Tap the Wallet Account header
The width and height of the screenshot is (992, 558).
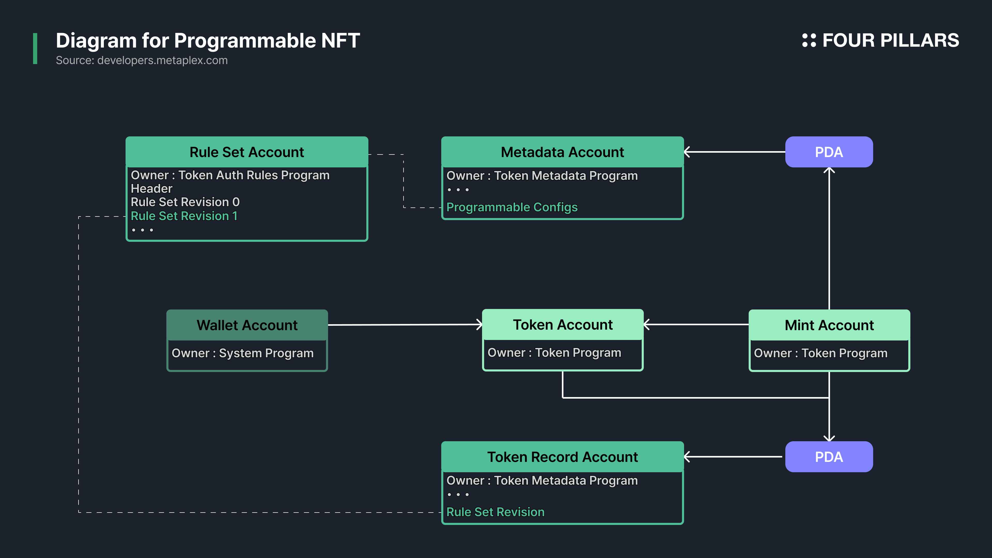coord(247,325)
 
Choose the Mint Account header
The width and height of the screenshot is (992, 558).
coord(829,325)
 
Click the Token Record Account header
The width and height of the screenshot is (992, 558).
coord(562,457)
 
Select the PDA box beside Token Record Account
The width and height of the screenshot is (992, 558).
coord(829,457)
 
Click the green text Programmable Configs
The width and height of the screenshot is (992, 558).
coord(512,207)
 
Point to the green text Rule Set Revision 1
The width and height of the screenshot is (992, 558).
coord(184,216)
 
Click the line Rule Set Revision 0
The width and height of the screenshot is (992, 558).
coord(185,202)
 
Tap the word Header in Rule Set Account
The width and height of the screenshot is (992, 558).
coord(152,188)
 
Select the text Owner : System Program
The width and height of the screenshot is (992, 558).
coord(243,353)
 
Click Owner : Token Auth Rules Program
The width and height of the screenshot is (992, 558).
coord(230,175)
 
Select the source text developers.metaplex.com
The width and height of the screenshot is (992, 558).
coord(162,60)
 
